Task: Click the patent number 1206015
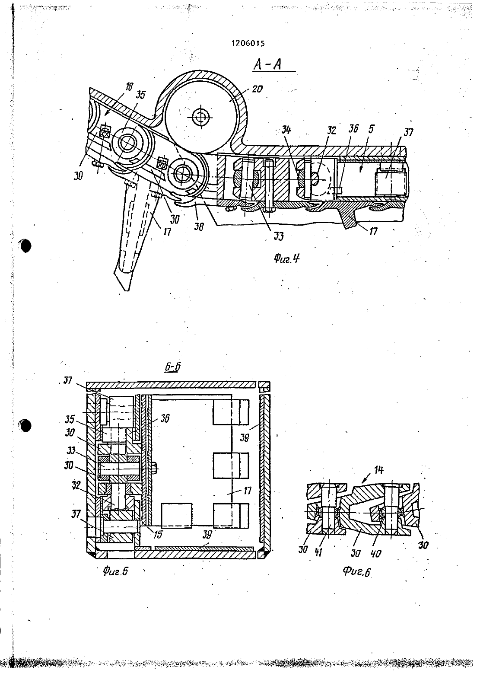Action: [248, 44]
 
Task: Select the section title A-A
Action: [267, 64]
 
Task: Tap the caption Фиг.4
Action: [286, 258]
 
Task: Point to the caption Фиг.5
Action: [115, 571]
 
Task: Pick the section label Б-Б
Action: [173, 367]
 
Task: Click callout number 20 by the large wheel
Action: [257, 89]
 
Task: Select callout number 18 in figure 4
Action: [129, 87]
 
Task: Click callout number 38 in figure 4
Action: [199, 226]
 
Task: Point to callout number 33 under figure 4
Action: [278, 236]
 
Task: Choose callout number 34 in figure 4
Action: [286, 131]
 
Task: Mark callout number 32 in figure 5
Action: [76, 485]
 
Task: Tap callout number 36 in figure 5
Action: [165, 418]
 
